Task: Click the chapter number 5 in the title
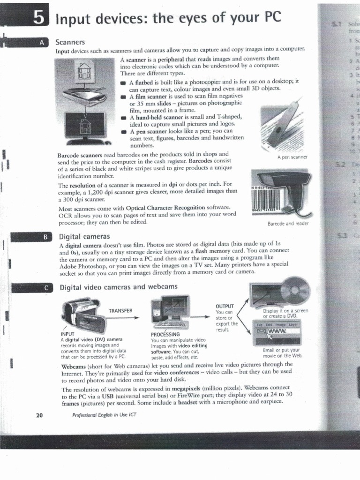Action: (x=39, y=18)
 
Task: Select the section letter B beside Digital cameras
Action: (x=45, y=237)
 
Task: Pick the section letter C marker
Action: (x=45, y=288)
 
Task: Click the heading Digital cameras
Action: (x=84, y=237)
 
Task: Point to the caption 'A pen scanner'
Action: (x=292, y=157)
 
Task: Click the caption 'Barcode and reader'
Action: (x=288, y=224)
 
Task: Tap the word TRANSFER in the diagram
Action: (x=120, y=310)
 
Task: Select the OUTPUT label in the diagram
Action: (x=224, y=307)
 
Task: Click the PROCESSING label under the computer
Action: (x=166, y=334)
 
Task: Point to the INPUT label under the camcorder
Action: (x=67, y=334)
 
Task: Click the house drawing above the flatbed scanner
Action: (x=84, y=71)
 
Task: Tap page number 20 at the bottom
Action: (x=39, y=415)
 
